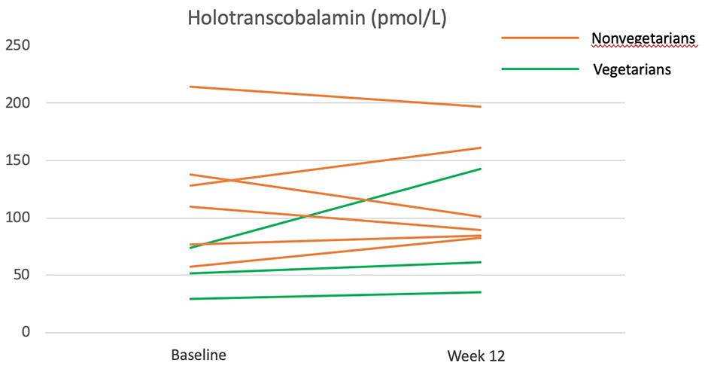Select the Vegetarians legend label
631,69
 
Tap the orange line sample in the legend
539,38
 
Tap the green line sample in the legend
539,69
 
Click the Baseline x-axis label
199,355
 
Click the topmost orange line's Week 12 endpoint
481,106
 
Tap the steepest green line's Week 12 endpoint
481,169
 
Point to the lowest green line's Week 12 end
481,292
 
